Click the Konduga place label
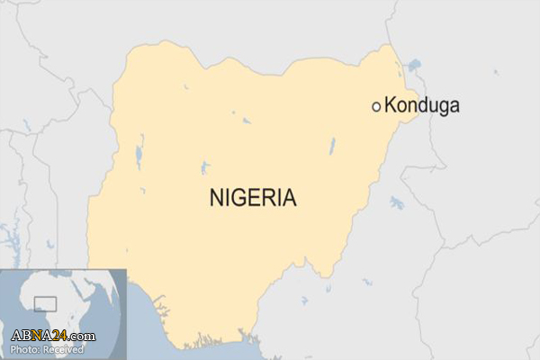click(x=422, y=105)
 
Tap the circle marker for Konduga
click(x=377, y=106)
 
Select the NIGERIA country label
click(x=252, y=198)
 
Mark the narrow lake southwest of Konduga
click(x=331, y=145)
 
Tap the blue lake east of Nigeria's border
click(x=397, y=202)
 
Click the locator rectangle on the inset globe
click(x=44, y=304)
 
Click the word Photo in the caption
click(x=23, y=348)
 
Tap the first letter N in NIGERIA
click(x=217, y=198)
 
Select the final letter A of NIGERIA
click(x=288, y=198)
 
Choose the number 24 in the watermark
click(x=60, y=336)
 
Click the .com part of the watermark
click(x=82, y=337)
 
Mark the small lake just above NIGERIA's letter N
click(x=205, y=167)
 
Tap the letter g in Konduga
click(x=440, y=107)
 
